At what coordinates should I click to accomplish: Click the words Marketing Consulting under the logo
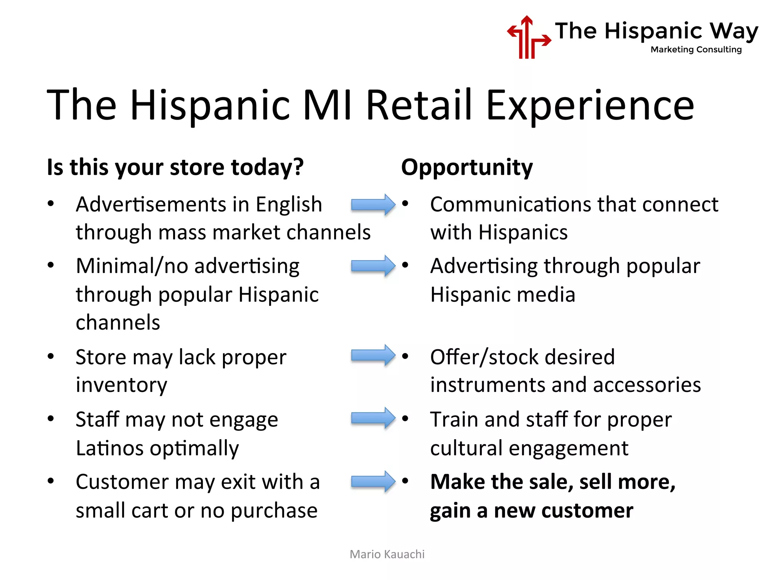696,49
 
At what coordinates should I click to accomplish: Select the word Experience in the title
590,105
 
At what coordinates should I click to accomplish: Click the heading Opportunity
467,167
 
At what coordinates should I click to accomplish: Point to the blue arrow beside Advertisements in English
373,204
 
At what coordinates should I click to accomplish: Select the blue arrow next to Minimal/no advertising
373,266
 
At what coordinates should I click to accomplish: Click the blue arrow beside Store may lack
373,355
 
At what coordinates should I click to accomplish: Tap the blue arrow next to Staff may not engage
373,418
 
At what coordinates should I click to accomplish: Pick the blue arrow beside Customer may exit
373,481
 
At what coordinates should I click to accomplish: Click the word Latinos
109,448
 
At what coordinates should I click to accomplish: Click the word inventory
121,385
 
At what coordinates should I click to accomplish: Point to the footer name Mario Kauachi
387,554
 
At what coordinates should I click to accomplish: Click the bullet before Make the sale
405,481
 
